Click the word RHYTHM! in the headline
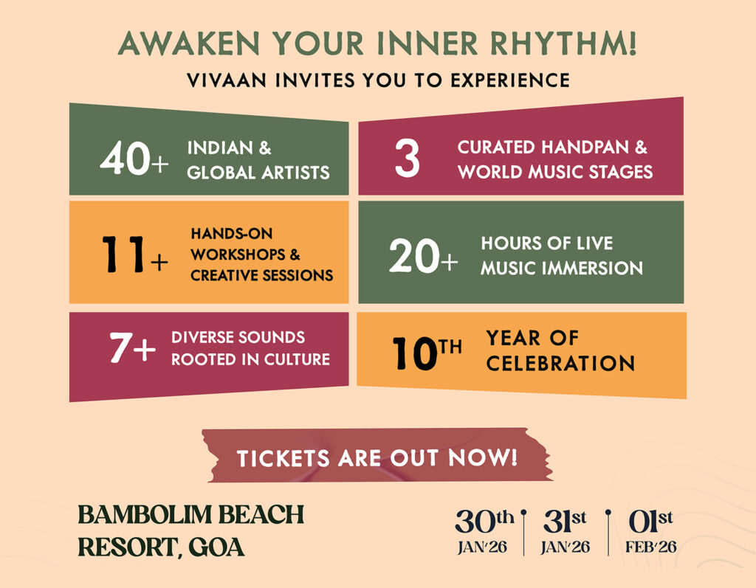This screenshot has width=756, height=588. coord(563,44)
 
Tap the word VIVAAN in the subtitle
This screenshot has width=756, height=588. coord(227,80)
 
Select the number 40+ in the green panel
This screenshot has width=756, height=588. coord(134,158)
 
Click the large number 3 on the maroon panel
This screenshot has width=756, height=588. coord(407,158)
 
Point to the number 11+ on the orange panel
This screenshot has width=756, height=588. coord(135,254)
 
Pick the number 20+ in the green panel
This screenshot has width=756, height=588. coord(423,255)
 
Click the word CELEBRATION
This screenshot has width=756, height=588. coord(560,364)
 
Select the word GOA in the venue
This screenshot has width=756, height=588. coord(216,547)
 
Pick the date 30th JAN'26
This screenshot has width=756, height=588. coord(484,532)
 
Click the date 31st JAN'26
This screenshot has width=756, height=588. coord(565,532)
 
